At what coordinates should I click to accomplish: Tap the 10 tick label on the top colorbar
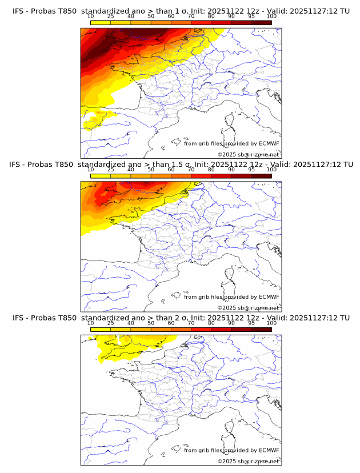pyautogui.click(x=91, y=17)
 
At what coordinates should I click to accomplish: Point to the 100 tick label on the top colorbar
pyautogui.click(x=271, y=17)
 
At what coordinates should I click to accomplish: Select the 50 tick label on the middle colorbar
pyautogui.click(x=151, y=170)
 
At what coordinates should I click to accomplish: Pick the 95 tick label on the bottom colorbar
pyautogui.click(x=251, y=323)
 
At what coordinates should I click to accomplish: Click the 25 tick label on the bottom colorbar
pyautogui.click(x=111, y=323)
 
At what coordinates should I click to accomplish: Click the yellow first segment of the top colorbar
pyautogui.click(x=101, y=23)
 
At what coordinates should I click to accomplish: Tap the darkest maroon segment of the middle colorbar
pyautogui.click(x=262, y=176)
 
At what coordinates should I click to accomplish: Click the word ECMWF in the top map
pyautogui.click(x=269, y=143)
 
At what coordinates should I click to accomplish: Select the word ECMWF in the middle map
pyautogui.click(x=269, y=296)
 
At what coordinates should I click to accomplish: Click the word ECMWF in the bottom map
pyautogui.click(x=269, y=450)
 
